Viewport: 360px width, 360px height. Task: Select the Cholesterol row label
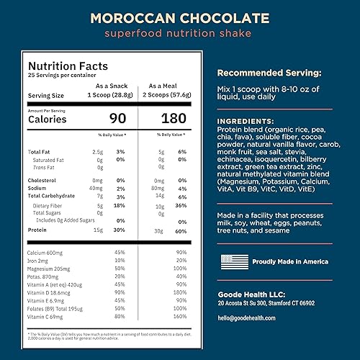[43, 180]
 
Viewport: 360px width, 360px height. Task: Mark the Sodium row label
[38, 188]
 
